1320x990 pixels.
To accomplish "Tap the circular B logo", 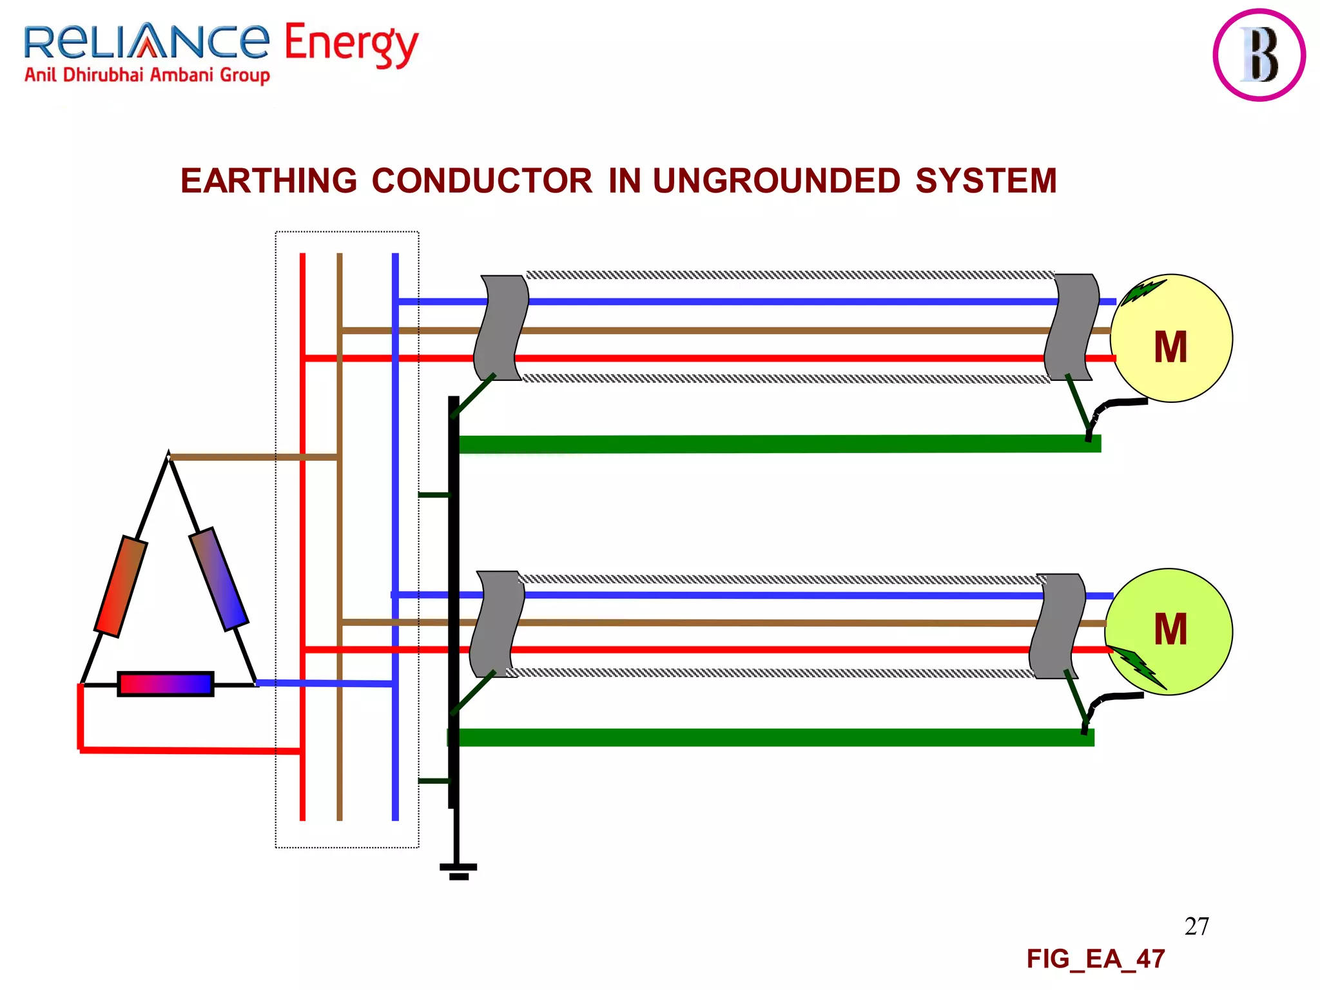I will point(1259,55).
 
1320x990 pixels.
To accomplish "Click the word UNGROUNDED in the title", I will point(776,180).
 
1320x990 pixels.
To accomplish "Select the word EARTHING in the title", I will point(268,180).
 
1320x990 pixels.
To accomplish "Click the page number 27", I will point(1196,926).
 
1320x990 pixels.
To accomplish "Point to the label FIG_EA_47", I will point(1095,959).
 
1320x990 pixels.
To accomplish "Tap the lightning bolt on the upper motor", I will point(1143,291).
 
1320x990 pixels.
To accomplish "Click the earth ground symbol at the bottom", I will point(458,871).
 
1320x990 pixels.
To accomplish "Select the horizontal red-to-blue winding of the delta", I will point(166,684).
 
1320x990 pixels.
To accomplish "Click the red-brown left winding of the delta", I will point(121,587).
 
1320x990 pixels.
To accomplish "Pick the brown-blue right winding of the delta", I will point(218,579).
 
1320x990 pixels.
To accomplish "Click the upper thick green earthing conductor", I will point(773,444).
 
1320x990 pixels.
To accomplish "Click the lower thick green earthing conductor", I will point(773,737).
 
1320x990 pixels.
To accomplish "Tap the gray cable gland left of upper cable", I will point(501,327).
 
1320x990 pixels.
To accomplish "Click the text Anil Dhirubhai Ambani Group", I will point(147,75).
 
